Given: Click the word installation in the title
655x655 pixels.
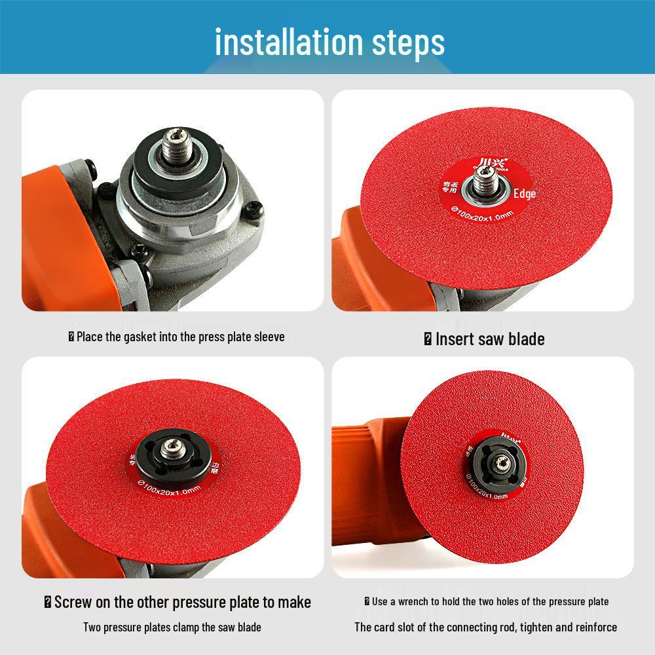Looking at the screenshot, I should (x=278, y=42).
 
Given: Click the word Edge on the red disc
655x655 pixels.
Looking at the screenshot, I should (x=524, y=194).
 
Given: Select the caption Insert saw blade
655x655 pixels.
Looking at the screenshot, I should (x=485, y=339).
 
